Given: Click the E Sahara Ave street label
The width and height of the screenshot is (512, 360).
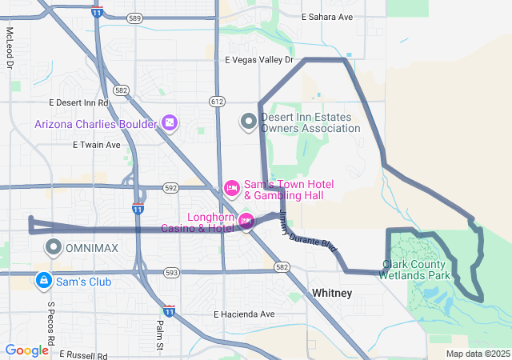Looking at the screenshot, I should point(326,17).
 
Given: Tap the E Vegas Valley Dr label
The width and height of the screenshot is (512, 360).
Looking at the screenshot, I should point(260,60).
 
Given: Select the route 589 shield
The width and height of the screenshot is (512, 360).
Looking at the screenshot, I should point(134,17).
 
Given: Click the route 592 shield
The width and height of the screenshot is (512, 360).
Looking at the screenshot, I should point(170,188).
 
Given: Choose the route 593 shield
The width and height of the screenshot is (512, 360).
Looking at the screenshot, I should point(171,272).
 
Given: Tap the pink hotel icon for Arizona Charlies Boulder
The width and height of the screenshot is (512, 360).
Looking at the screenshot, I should point(169,123).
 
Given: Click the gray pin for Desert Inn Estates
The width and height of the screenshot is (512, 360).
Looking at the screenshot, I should point(249,122).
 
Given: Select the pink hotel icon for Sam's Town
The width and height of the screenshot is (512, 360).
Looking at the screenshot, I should point(231,189).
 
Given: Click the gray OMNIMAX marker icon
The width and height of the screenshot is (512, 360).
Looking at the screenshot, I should point(54,247).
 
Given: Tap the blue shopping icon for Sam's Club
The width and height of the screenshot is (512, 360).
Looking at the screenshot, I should point(42,281).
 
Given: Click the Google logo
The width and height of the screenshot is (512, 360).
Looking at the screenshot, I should point(27,350).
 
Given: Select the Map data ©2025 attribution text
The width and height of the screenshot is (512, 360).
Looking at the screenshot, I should point(477,354).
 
